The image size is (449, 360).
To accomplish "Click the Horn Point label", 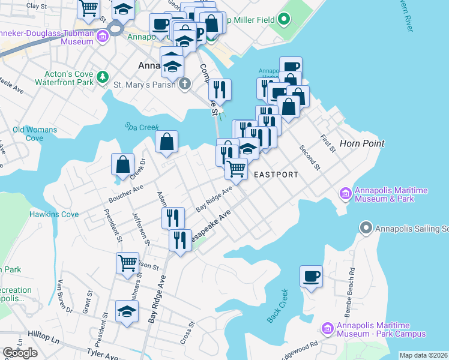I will (361, 143).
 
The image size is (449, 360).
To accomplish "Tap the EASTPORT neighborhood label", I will (276, 175).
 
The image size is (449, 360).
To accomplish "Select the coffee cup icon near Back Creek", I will (311, 277).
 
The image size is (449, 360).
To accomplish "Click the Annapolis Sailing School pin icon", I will (366, 227).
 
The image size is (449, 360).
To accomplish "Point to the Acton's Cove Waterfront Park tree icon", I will (103, 77).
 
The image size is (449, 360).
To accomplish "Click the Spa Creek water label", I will (139, 127).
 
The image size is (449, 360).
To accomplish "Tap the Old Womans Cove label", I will (35, 134).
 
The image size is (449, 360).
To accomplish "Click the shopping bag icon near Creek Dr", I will (122, 164).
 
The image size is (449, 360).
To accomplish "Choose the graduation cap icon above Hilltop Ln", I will (127, 311).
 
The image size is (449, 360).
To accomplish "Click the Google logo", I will (20, 353).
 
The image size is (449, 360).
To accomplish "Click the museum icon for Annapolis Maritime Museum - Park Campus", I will (327, 328).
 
